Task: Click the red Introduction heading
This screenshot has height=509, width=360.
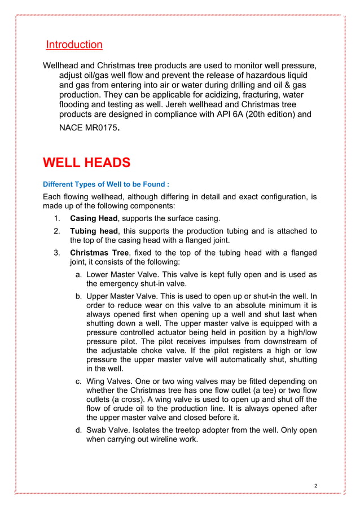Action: tap(74, 45)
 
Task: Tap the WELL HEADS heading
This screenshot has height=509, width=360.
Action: tap(86, 164)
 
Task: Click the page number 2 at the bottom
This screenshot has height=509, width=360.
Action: tap(317, 486)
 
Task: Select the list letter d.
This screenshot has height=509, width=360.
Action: tap(78, 431)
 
